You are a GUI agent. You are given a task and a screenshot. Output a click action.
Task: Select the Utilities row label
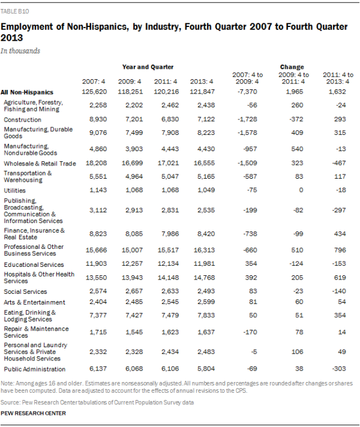(15, 190)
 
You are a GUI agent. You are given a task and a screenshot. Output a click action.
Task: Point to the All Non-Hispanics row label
(28, 92)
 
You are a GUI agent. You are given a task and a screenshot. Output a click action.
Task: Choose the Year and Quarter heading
(148, 67)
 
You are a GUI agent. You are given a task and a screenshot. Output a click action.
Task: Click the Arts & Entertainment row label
(35, 302)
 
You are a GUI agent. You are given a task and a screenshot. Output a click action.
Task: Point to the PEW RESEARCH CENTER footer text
(33, 413)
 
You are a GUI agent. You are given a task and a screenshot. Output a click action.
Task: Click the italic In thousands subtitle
(20, 51)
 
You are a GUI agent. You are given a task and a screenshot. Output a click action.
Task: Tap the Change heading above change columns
(292, 67)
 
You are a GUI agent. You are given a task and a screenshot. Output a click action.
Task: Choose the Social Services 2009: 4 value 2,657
(131, 291)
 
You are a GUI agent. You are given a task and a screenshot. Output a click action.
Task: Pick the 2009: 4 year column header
(130, 81)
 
